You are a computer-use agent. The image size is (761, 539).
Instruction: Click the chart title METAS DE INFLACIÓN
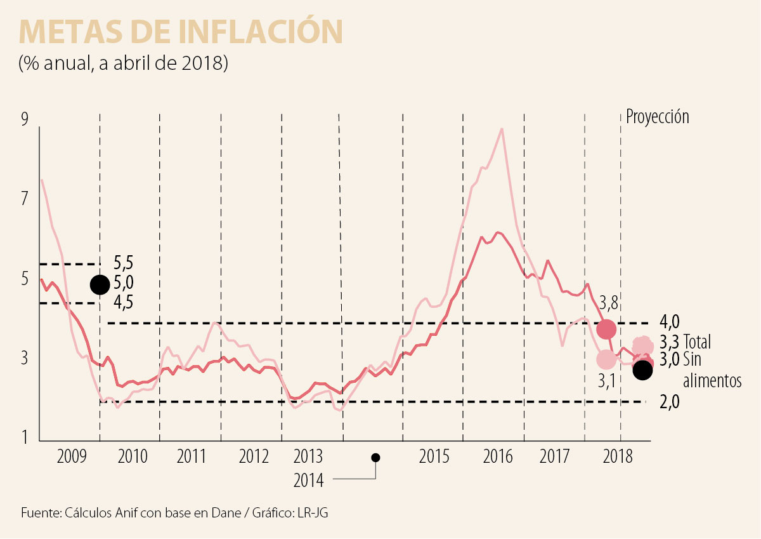(181, 31)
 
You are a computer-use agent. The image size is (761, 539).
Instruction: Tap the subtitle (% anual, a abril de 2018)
(123, 64)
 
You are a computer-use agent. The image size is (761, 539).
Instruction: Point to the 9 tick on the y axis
(25, 120)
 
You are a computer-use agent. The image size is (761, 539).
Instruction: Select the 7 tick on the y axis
(25, 199)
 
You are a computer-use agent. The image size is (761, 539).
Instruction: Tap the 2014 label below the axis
(308, 481)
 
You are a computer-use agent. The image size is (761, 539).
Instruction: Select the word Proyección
(657, 117)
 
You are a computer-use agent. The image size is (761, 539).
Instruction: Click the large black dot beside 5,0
(99, 284)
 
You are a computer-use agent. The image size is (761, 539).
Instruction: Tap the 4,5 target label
(124, 302)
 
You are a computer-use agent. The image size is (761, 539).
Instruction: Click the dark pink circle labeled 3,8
(606, 329)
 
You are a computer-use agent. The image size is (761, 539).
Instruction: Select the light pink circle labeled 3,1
(606, 359)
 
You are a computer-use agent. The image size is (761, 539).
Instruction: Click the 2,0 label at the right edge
(670, 401)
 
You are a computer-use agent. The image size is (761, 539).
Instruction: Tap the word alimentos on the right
(712, 381)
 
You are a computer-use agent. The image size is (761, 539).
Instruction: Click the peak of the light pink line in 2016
(502, 129)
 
